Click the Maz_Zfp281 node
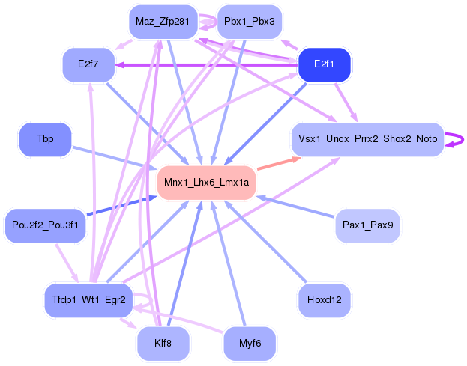[x=162, y=22]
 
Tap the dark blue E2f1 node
[x=325, y=64]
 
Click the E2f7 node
[x=88, y=64]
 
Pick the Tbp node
[x=45, y=140]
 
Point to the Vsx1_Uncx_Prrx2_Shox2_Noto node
[x=367, y=139]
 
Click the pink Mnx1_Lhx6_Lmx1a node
[x=207, y=183]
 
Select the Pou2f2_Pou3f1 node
[x=45, y=225]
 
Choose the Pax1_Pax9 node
[x=367, y=225]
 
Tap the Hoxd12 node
[x=325, y=300]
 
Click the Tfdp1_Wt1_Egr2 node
[x=88, y=300]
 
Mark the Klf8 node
[x=162, y=343]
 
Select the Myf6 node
[x=250, y=343]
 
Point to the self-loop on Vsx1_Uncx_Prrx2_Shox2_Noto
[x=453, y=139]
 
